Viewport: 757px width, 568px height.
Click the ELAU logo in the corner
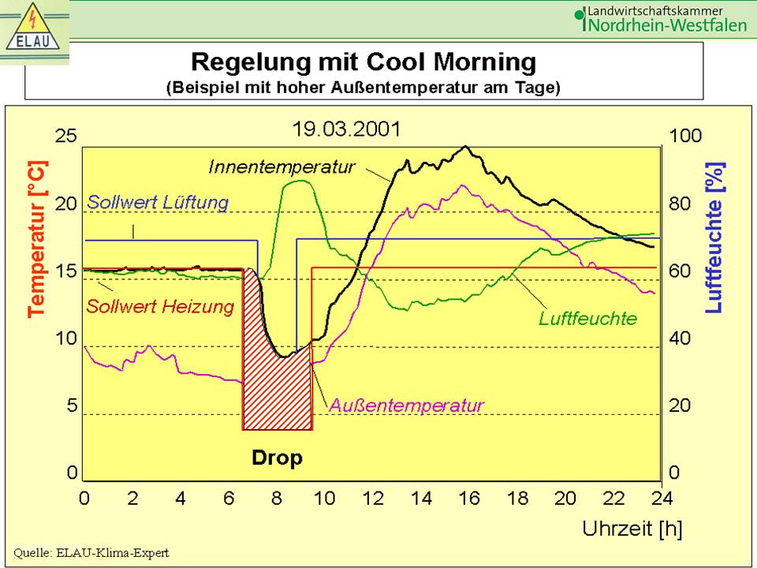coord(35,31)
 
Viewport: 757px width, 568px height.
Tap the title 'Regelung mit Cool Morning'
coord(364,62)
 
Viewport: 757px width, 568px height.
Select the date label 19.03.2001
coord(346,129)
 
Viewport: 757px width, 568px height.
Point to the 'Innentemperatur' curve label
coord(282,167)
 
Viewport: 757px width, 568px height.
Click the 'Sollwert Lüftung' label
coord(158,202)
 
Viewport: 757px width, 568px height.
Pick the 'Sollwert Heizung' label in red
coord(161,306)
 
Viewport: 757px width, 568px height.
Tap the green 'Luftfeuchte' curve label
coord(587,319)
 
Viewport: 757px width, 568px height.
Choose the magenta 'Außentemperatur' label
coord(406,405)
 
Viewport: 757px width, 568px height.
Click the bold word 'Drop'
coord(277,458)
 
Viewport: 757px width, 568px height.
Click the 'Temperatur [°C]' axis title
coord(37,238)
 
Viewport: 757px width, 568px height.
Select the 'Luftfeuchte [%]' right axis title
coord(714,238)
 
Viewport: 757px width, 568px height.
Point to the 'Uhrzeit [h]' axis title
coord(632,529)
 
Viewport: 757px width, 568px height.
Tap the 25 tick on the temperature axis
coord(66,136)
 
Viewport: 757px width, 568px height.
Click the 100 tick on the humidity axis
coord(684,136)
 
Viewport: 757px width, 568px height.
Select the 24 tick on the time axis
coord(661,499)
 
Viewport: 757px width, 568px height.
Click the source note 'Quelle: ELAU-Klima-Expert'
coord(91,553)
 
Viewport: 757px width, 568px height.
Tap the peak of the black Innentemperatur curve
coord(466,147)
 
